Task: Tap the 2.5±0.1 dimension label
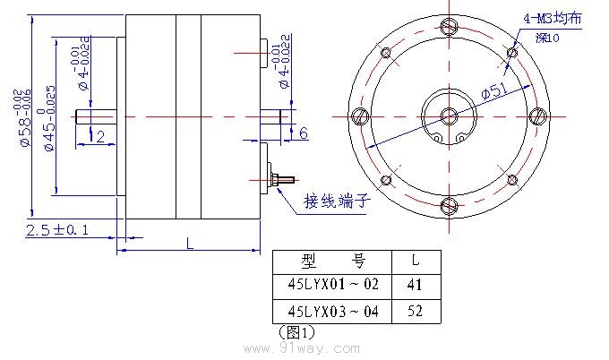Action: tap(57, 230)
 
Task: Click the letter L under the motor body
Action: tap(189, 243)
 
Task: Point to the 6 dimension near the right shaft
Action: tap(303, 133)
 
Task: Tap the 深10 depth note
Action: tap(547, 39)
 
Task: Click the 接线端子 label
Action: tap(337, 200)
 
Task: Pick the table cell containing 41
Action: tap(415, 285)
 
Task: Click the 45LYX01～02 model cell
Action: tap(333, 285)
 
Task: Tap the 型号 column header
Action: tap(333, 261)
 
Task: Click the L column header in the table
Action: tap(415, 261)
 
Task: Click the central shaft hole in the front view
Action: tap(449, 116)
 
